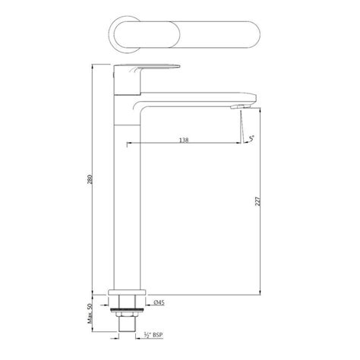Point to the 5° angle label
(x=251, y=139)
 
